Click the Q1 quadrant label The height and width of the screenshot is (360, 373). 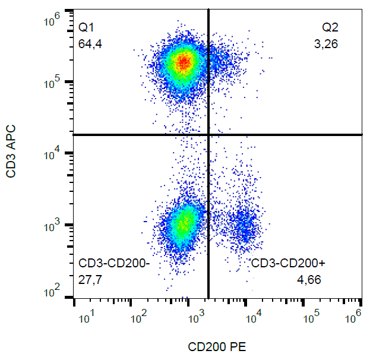(86, 27)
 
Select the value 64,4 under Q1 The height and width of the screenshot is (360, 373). (90, 43)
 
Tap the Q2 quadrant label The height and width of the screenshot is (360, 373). (330, 27)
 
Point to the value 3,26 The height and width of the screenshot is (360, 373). (327, 43)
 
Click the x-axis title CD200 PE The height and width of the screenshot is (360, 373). (217, 347)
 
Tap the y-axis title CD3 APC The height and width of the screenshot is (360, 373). (11, 151)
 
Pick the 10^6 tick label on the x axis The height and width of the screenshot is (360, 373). (355, 317)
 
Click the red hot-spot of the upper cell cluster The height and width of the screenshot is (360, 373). (184, 61)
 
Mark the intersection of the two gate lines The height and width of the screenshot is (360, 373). (208, 134)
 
